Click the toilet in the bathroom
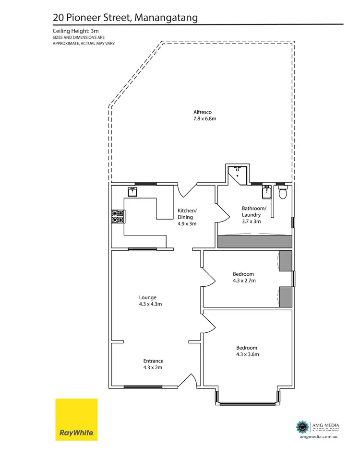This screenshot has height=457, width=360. coord(283,192)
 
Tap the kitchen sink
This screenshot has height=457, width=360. coord(132,192)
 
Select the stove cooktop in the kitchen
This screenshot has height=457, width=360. coord(118,217)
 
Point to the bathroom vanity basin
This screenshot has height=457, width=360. coord(267,193)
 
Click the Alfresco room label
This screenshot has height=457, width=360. coord(202,112)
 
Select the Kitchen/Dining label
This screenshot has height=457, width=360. coord(187,214)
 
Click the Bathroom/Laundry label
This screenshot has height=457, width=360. coord(253,211)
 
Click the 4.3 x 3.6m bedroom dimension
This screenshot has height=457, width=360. coord(247,354)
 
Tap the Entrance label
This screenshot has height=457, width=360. coord(153,361)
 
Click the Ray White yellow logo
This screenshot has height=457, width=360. coord(76,419)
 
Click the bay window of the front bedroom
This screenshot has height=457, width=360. coord(247,403)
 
